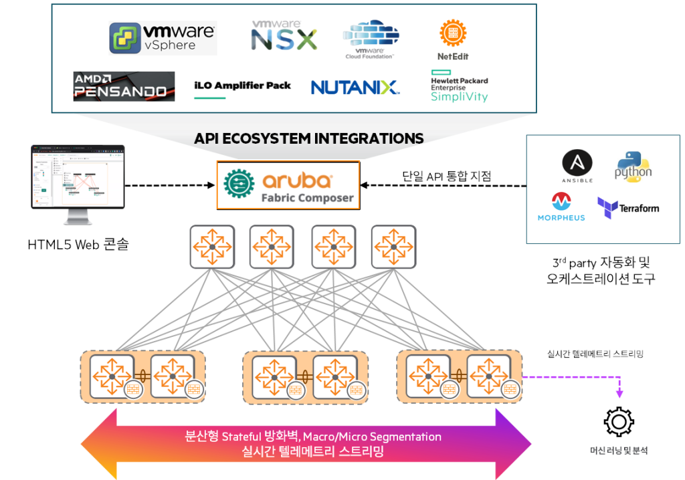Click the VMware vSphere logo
(163, 37)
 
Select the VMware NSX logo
(284, 35)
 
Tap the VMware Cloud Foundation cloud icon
(371, 33)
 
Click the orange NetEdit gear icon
(453, 33)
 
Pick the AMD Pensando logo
(124, 86)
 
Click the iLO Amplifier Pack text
(242, 86)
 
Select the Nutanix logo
(355, 87)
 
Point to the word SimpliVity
(459, 97)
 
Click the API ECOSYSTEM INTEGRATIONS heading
(308, 138)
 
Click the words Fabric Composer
(307, 198)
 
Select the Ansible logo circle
(577, 163)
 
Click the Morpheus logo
(561, 206)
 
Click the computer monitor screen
(78, 176)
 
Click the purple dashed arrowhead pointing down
(619, 394)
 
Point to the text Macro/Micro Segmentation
(372, 437)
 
